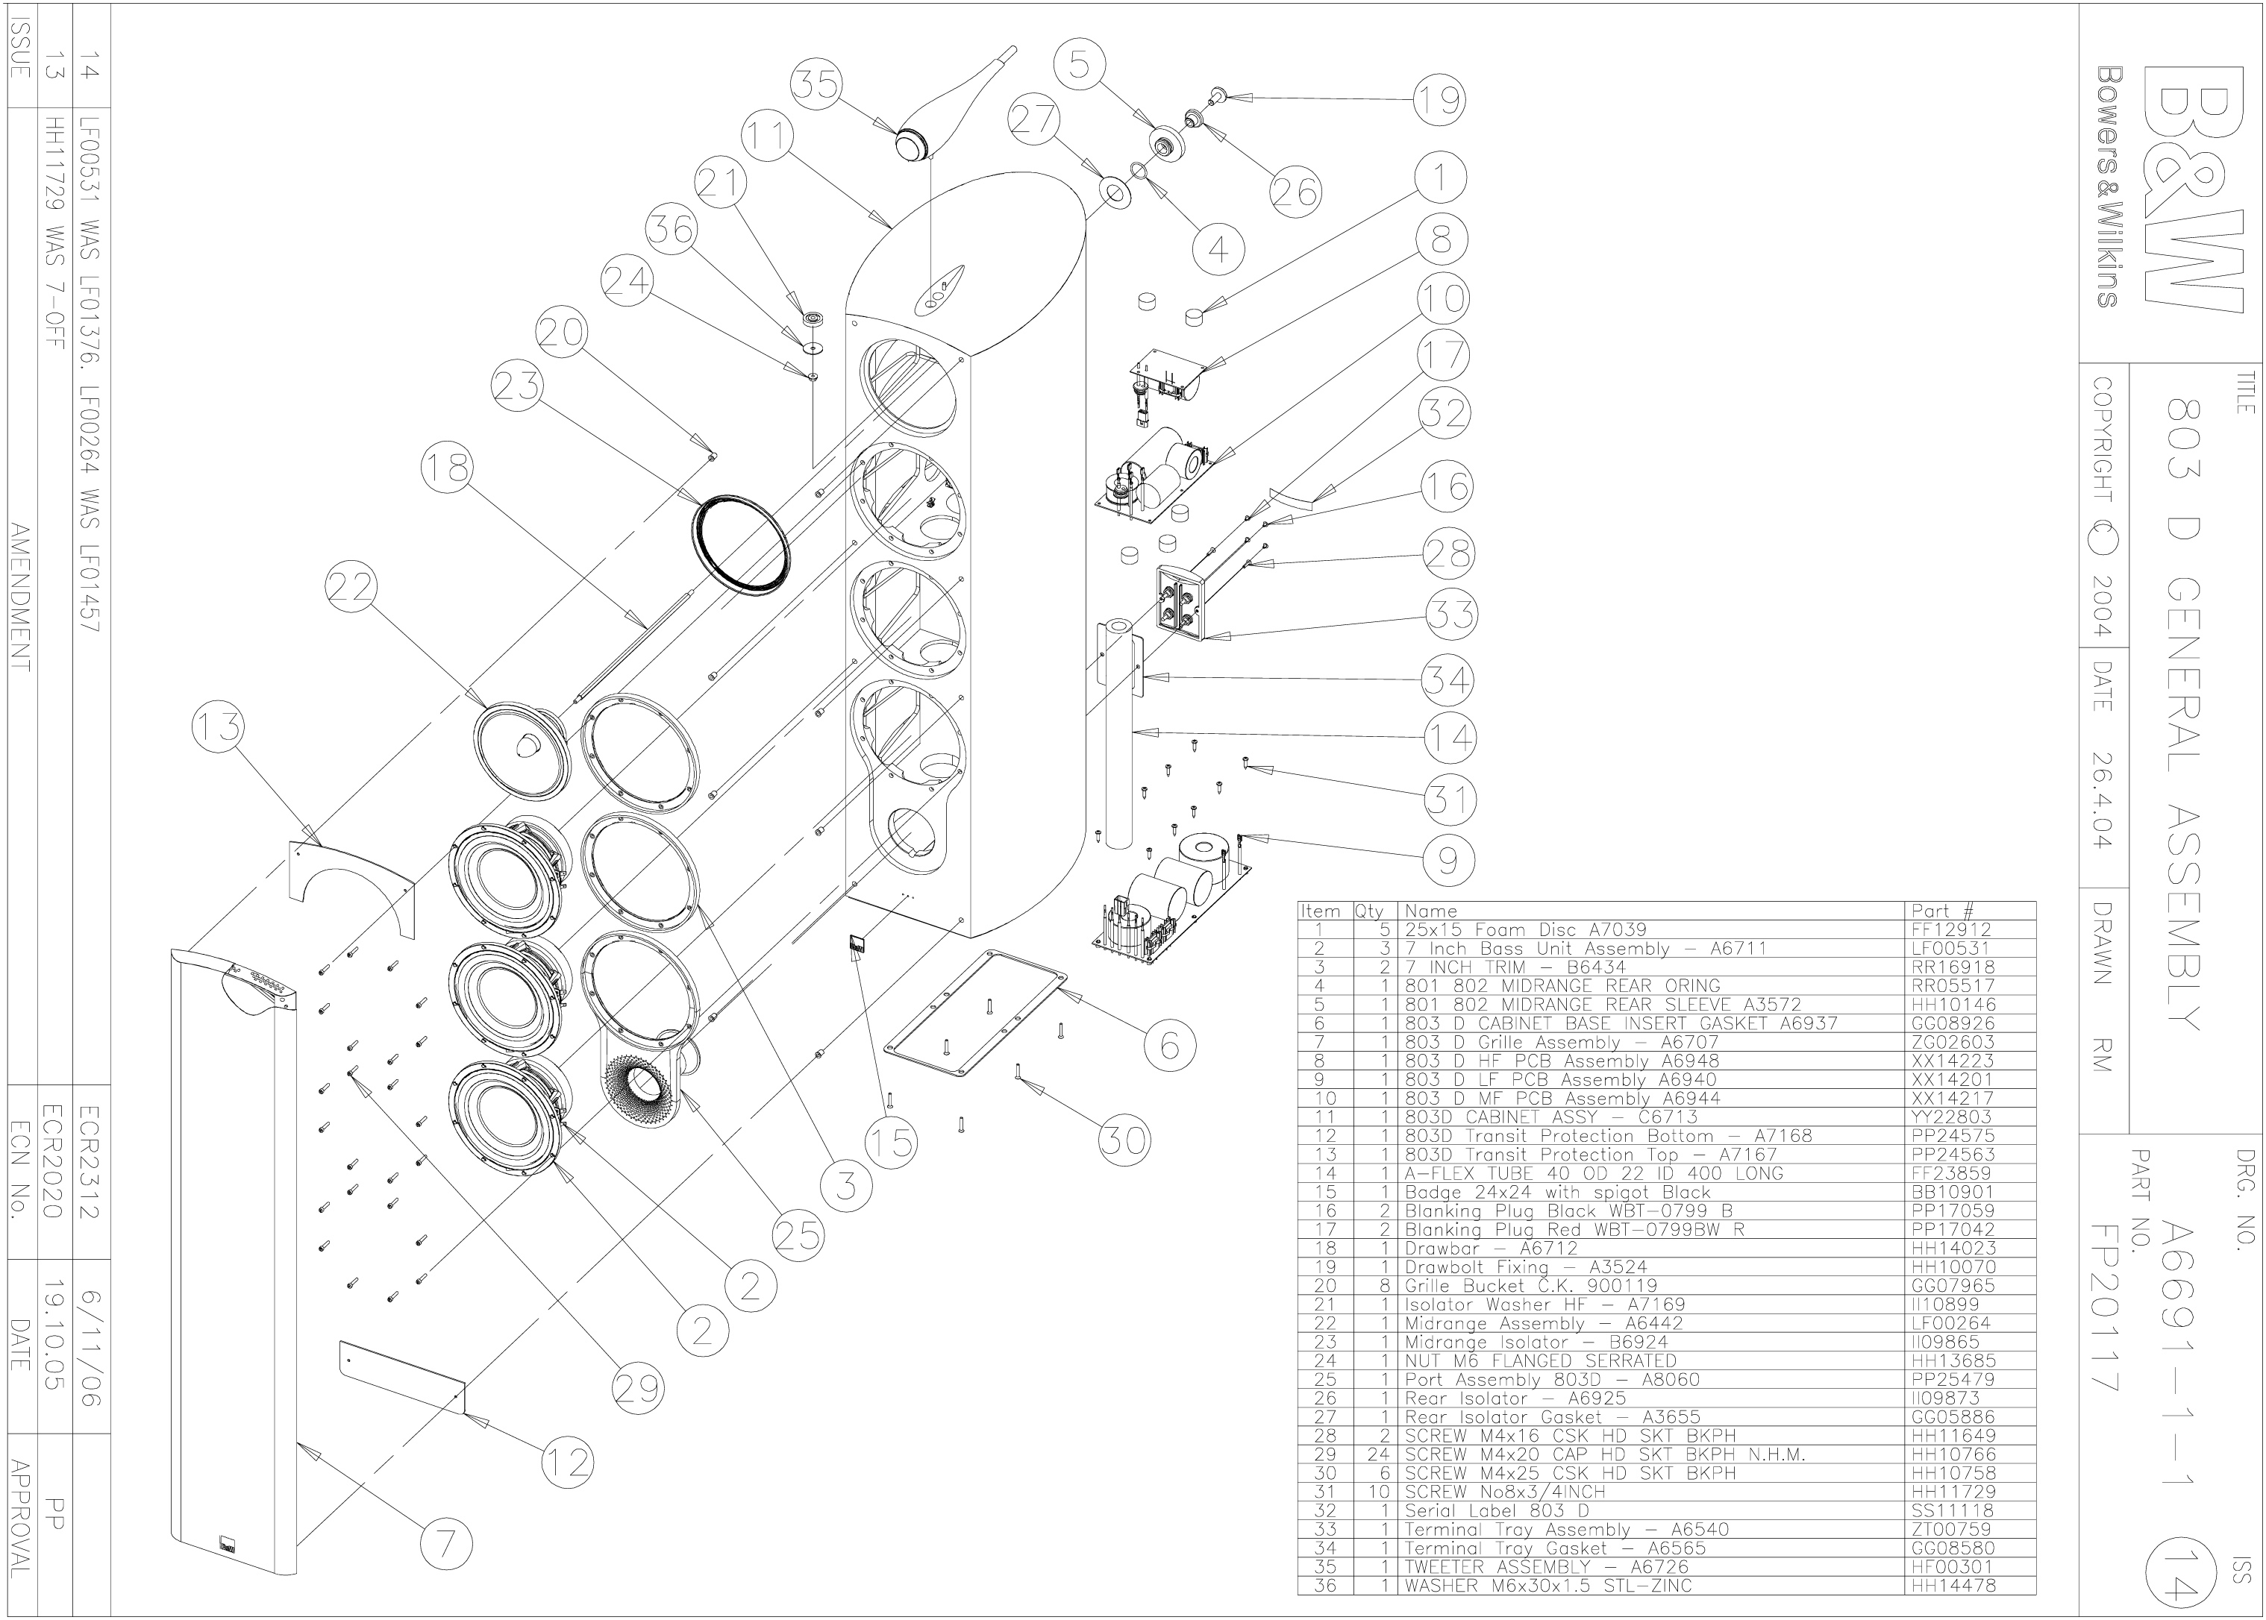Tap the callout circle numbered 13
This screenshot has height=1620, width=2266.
[218, 727]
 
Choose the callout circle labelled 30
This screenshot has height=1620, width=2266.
[1124, 1140]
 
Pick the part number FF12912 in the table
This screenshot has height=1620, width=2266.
[1950, 929]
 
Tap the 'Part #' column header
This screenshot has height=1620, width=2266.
[1941, 911]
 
